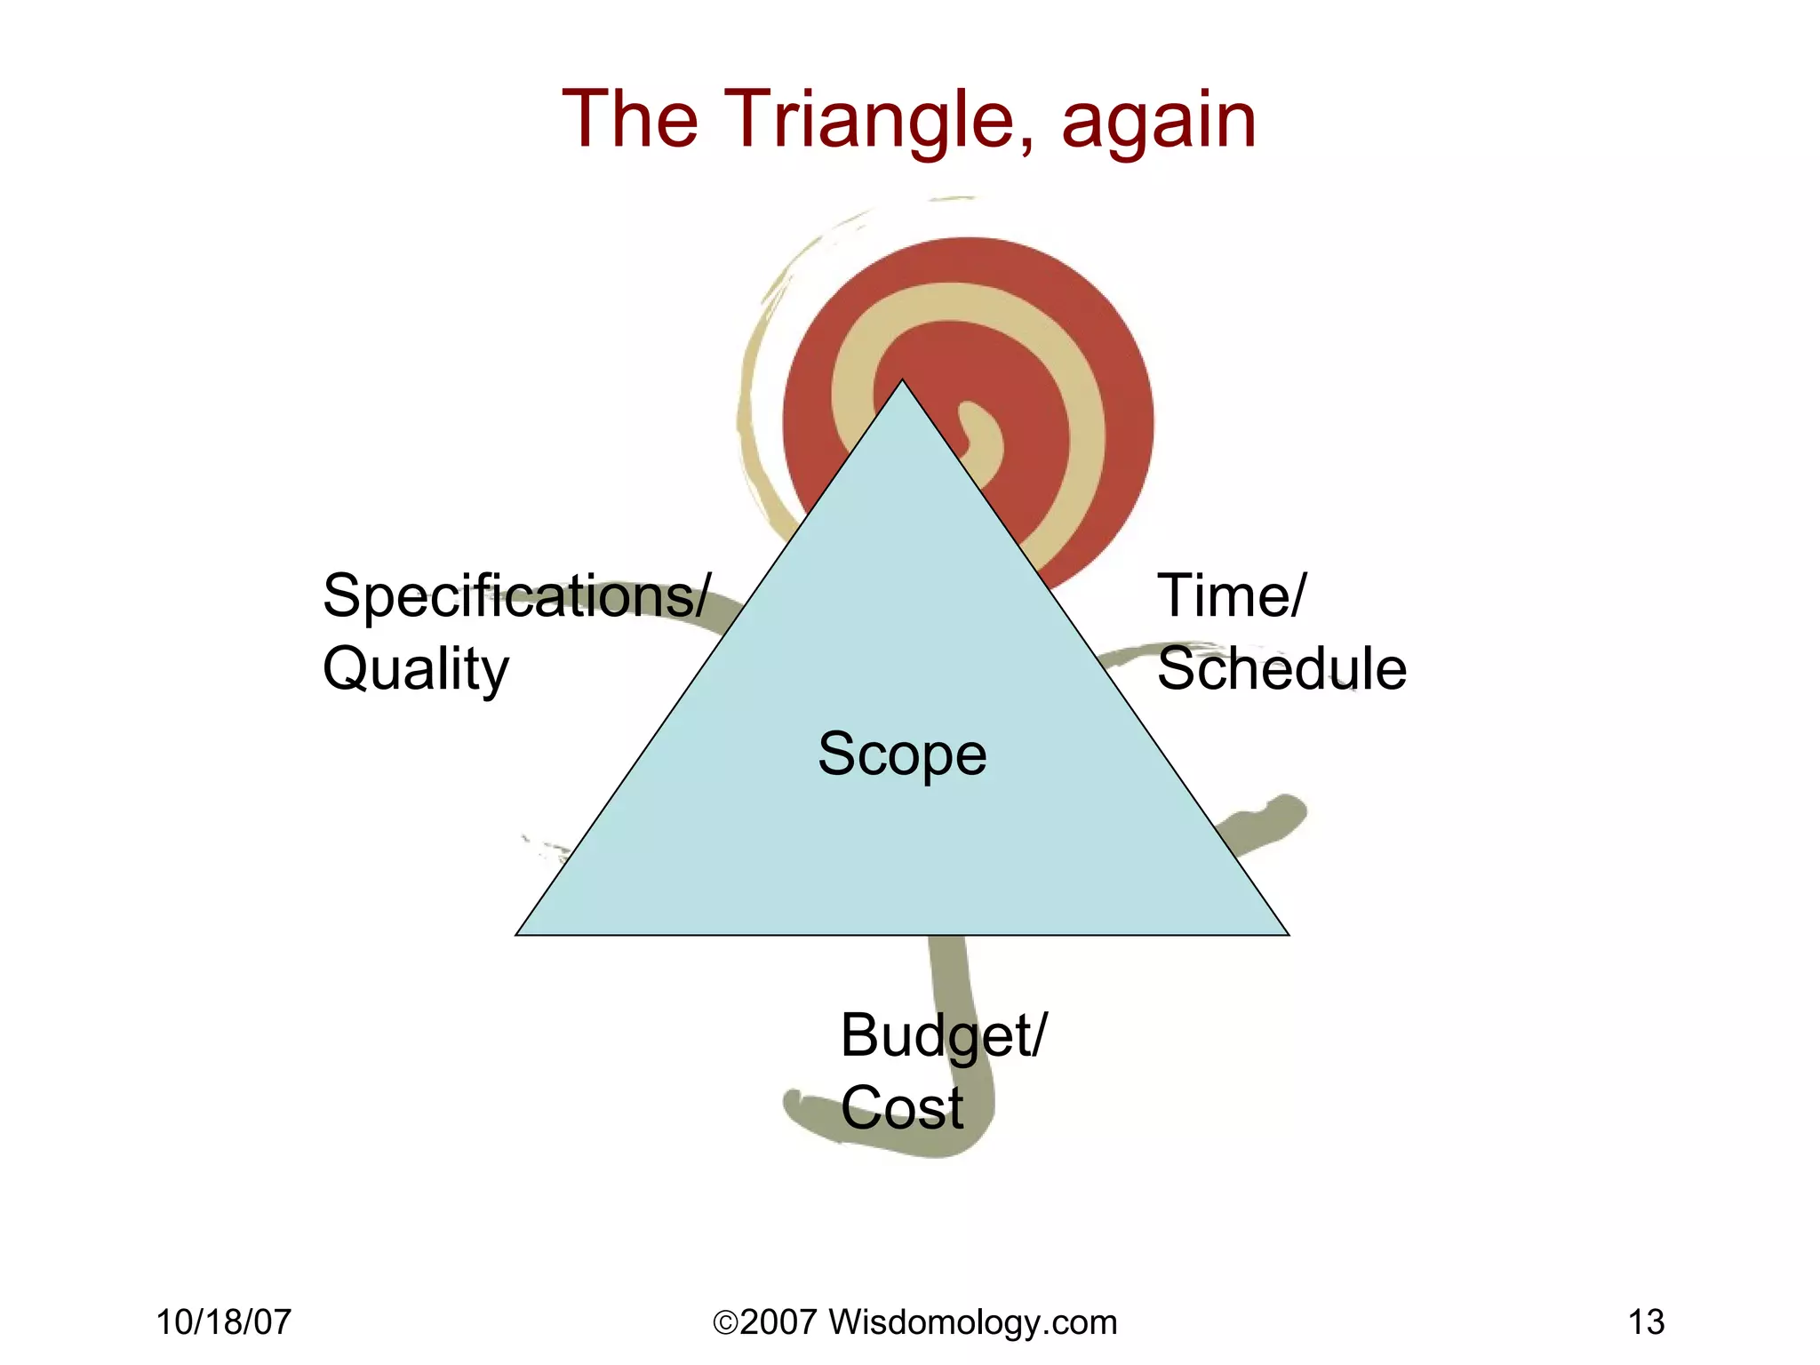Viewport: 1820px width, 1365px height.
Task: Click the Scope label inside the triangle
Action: click(x=902, y=754)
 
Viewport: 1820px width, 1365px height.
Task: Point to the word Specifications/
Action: click(x=516, y=595)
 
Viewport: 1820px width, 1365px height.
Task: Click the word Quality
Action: click(x=416, y=670)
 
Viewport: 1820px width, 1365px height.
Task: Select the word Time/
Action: click(x=1232, y=595)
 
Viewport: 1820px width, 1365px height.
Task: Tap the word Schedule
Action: click(x=1281, y=668)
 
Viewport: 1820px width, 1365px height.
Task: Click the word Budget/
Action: click(x=944, y=1036)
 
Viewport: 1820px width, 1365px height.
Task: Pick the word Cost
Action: click(x=902, y=1108)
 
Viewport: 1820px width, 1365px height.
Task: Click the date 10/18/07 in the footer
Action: click(x=224, y=1322)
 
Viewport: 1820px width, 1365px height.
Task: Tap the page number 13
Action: click(x=1646, y=1322)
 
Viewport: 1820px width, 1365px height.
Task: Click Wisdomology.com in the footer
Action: click(x=972, y=1322)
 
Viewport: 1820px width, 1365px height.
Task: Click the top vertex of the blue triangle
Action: click(x=902, y=382)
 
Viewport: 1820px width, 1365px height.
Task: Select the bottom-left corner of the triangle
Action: click(x=518, y=933)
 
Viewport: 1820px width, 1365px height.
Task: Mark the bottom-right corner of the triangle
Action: click(x=1287, y=933)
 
